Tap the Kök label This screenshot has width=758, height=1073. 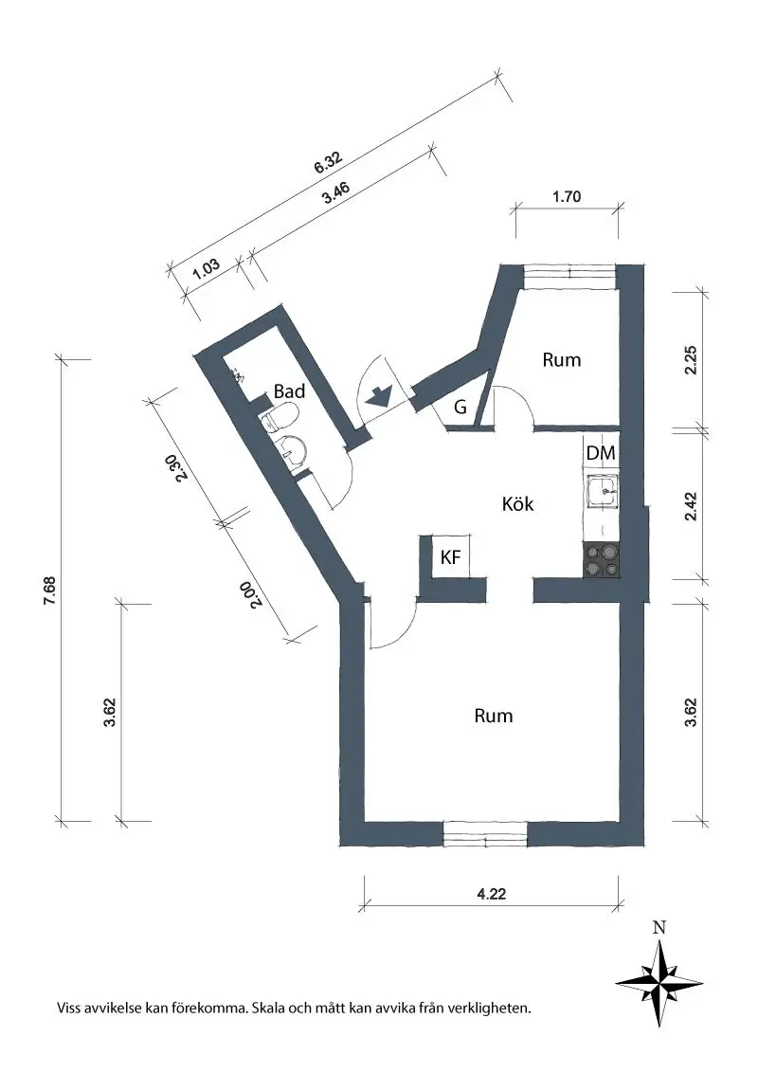coord(517,504)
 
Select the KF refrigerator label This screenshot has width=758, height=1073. coord(450,558)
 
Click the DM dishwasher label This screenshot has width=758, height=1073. coord(601,454)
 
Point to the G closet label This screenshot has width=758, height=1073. coord(460,408)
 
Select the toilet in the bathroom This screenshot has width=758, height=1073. coord(281,418)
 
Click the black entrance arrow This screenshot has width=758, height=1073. coord(378,397)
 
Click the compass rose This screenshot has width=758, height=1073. coord(659,979)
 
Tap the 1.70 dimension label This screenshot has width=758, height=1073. coord(566,198)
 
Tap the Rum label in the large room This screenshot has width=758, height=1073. coord(493,716)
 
